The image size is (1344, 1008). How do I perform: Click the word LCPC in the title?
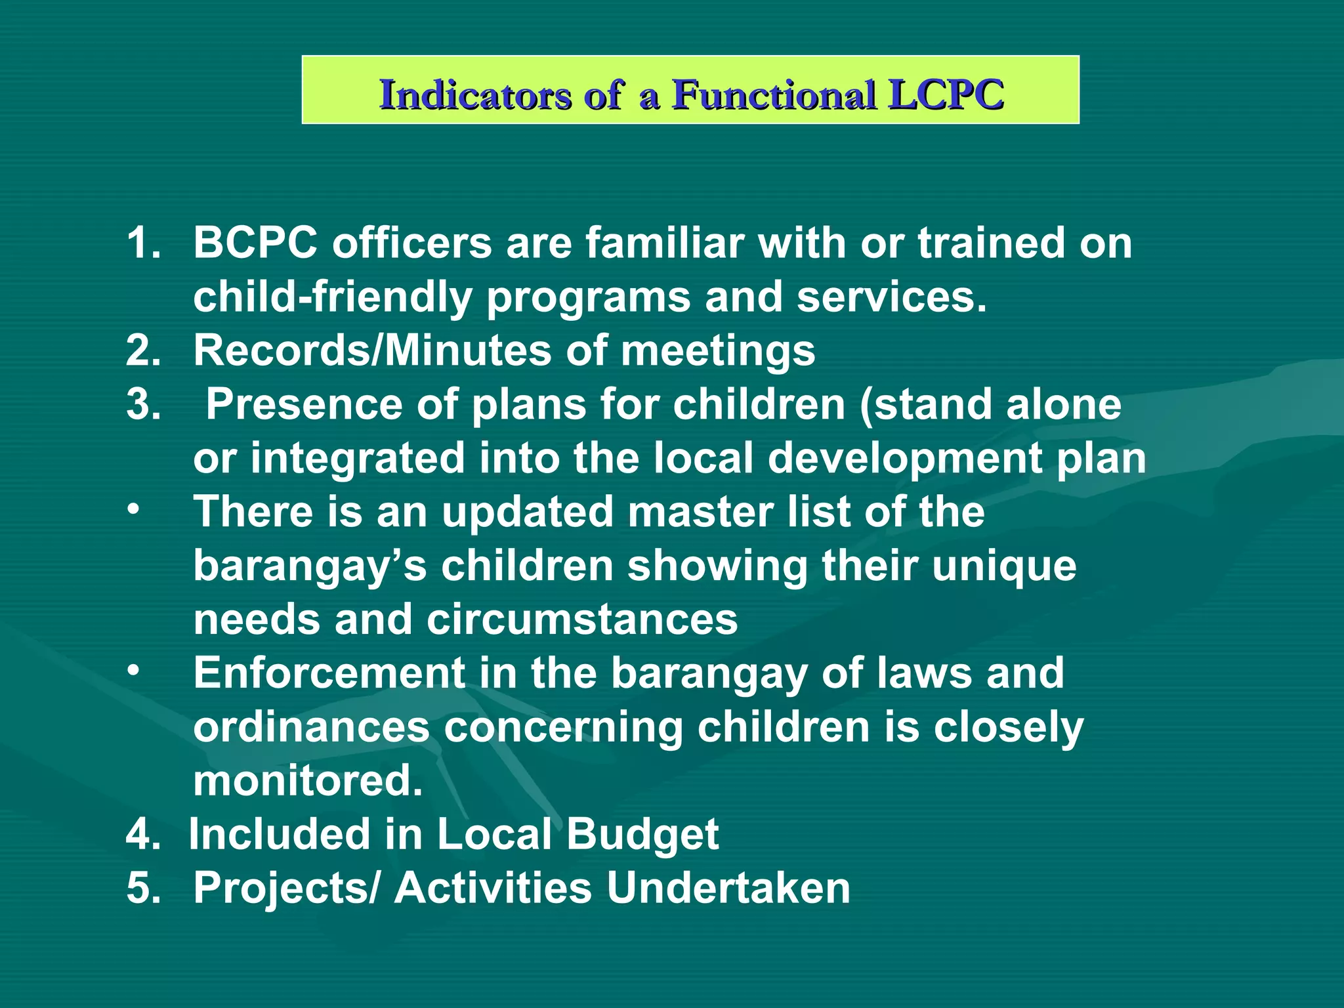(x=946, y=94)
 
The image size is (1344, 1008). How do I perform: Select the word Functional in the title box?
(x=774, y=94)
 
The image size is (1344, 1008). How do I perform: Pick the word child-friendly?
(x=332, y=297)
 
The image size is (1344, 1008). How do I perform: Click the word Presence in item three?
(x=304, y=404)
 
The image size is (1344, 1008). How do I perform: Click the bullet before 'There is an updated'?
(x=134, y=510)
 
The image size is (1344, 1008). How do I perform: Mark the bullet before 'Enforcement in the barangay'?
(x=134, y=671)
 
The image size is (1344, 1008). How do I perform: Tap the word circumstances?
(x=582, y=619)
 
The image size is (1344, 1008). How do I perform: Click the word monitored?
(x=308, y=781)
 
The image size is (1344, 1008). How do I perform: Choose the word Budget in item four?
(x=642, y=835)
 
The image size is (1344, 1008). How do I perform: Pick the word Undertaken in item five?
(x=728, y=889)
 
